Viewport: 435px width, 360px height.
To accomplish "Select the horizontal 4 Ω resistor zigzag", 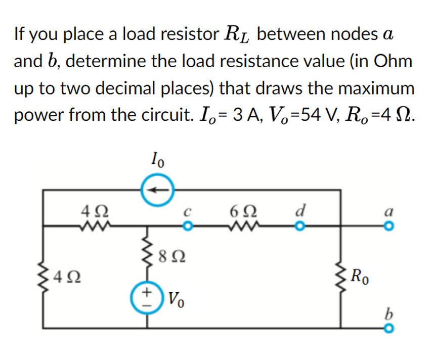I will tap(94, 226).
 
